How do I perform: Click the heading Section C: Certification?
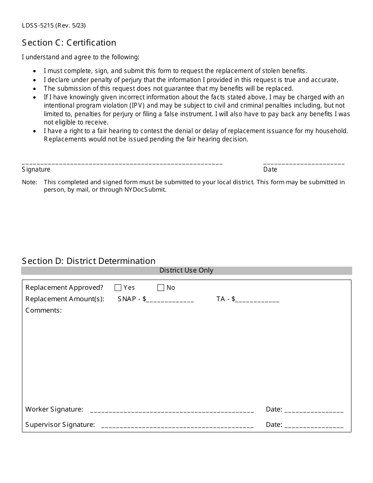(69, 42)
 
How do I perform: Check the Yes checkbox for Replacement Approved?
(118, 288)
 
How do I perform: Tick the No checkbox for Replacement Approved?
(161, 288)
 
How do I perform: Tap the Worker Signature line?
(172, 410)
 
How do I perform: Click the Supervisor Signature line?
(177, 426)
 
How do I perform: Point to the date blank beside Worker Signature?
(314, 410)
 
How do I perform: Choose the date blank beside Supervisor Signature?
(314, 426)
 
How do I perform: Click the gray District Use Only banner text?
(186, 271)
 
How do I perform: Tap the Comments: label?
(44, 311)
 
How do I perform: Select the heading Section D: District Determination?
(89, 261)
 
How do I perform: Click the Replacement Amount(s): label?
(65, 299)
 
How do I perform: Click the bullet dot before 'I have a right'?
(35, 131)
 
